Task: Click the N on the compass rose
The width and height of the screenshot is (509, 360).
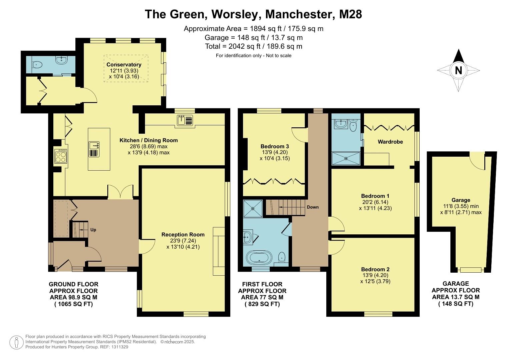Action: click(458, 70)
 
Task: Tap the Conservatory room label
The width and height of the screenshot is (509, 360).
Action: click(124, 65)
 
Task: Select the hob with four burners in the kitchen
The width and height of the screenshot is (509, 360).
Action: click(61, 156)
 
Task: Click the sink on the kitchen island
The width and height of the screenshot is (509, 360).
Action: click(94, 145)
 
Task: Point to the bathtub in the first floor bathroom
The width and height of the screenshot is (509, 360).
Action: click(259, 258)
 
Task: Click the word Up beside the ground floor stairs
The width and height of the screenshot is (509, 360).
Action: click(93, 230)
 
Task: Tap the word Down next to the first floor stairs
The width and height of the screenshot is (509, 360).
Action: click(313, 207)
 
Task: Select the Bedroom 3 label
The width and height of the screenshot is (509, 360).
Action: click(275, 146)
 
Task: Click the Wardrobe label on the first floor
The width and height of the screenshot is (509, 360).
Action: click(390, 142)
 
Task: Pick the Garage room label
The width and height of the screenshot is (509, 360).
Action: click(461, 200)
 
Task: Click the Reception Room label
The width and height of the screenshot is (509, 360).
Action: click(183, 235)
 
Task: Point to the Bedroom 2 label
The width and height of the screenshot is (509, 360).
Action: click(375, 269)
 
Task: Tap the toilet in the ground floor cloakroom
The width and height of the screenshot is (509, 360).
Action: click(37, 65)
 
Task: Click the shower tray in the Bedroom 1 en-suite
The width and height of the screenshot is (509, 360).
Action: click(346, 159)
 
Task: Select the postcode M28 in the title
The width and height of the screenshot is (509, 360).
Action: click(350, 14)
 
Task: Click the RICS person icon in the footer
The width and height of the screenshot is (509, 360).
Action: click(16, 342)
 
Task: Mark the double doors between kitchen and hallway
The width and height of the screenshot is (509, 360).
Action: click(120, 192)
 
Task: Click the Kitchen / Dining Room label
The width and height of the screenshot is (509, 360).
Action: click(149, 140)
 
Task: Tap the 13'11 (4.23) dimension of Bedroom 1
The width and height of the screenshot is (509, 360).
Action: click(375, 208)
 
